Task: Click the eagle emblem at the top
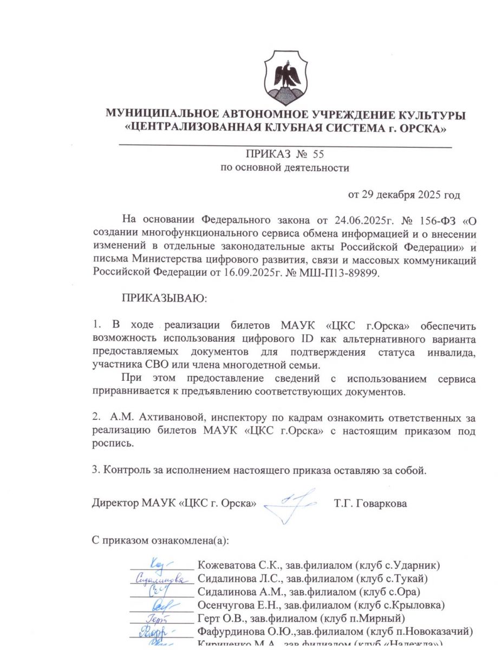(x=286, y=78)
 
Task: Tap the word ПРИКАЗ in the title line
(x=266, y=154)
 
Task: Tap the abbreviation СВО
(x=155, y=365)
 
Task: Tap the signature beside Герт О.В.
(x=159, y=617)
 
